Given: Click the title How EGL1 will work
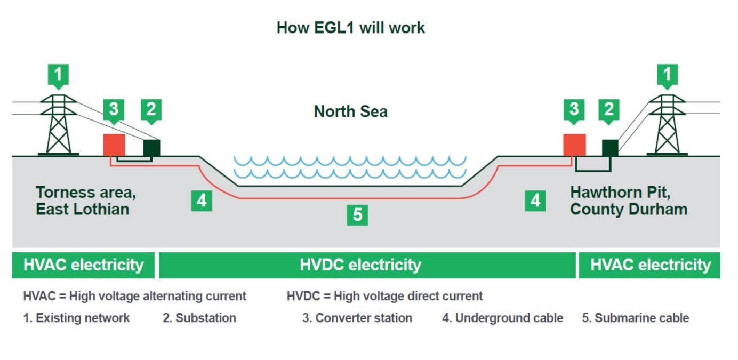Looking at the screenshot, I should pos(350,28).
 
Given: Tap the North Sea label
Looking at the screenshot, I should pos(350,111).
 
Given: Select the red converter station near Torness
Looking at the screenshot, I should pos(114,145).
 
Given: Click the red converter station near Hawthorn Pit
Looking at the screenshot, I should pos(574,145).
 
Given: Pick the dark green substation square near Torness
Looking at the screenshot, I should pos(151,148).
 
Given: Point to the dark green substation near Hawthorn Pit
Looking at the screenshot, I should pos(610,148).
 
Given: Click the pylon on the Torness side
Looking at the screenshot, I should pos(59,125).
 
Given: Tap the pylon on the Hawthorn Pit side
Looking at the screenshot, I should pos(667,125).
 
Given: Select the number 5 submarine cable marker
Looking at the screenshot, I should pos(357,214).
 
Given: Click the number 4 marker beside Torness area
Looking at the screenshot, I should pos(201,201).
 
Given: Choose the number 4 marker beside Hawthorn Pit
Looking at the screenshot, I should pos(535,201).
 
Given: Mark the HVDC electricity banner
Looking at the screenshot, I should pos(360,265).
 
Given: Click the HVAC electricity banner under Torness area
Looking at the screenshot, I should pos(83,265).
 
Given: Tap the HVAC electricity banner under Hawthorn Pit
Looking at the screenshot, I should pos(649,265).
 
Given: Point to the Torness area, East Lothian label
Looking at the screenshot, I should pos(83,201).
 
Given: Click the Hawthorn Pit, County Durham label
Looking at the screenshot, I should pos(629,201).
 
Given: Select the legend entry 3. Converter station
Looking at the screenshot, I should pos(357,318).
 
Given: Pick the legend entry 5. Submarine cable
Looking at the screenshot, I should pos(635,318).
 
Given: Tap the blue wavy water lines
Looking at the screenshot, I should pos(350,167).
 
